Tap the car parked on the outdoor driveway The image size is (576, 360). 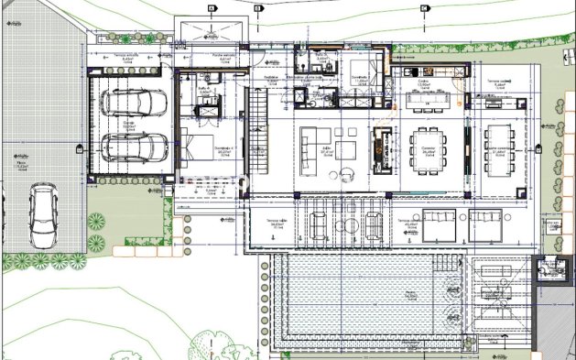(42, 214)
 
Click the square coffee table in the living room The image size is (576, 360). (345, 149)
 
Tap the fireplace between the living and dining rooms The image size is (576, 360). (379, 148)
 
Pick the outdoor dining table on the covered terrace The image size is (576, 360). (500, 148)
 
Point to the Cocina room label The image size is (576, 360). (424, 81)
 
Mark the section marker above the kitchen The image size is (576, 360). (424, 9)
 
